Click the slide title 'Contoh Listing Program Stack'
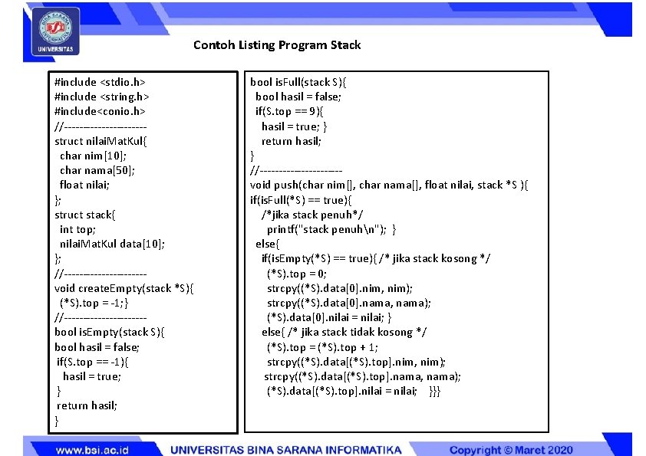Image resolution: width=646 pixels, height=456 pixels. click(276, 45)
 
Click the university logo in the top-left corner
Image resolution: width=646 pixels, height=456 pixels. click(55, 31)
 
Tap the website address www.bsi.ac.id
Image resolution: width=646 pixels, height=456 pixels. click(92, 449)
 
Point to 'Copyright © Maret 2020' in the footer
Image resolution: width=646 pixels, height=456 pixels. click(511, 449)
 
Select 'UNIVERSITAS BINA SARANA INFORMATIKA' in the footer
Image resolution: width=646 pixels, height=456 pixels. click(285, 449)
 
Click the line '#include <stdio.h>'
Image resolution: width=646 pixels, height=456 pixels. click(101, 82)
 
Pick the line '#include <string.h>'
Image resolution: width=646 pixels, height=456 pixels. click(102, 97)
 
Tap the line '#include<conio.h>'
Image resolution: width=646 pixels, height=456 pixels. click(100, 111)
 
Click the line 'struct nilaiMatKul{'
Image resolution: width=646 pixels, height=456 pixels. click(106, 141)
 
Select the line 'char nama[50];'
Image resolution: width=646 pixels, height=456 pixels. click(97, 170)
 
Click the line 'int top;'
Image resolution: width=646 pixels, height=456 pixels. click(77, 229)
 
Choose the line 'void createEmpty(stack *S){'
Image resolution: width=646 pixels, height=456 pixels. click(125, 288)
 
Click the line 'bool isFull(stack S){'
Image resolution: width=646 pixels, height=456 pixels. click(302, 82)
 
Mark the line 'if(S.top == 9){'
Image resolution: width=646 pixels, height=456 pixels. click(289, 111)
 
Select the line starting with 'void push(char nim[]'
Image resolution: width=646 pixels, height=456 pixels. click(389, 185)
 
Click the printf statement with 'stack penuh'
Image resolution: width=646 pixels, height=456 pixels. click(331, 229)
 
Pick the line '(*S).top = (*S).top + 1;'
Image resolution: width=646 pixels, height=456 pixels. click(322, 347)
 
